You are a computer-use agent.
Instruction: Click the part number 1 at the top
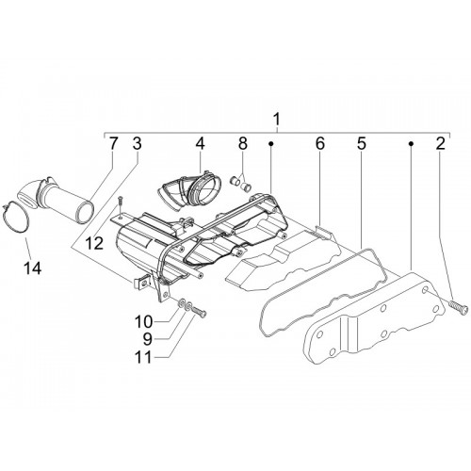[276, 120]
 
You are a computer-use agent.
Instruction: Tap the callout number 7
[113, 144]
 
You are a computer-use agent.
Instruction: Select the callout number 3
[137, 144]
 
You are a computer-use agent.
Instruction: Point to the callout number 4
[200, 144]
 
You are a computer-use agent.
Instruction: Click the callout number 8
[243, 144]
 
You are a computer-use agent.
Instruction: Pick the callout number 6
[319, 144]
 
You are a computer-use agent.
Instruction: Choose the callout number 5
[361, 144]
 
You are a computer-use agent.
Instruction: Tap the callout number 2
[440, 144]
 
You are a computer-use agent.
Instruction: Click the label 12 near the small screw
[95, 243]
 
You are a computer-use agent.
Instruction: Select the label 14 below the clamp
[33, 268]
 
